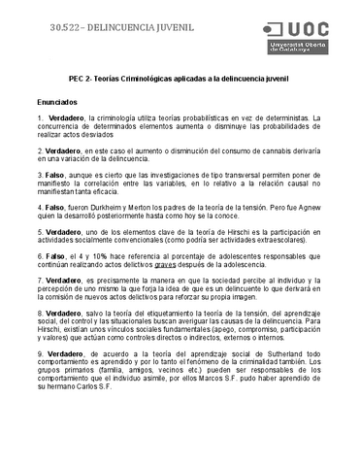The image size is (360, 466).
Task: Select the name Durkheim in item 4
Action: coord(153,208)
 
